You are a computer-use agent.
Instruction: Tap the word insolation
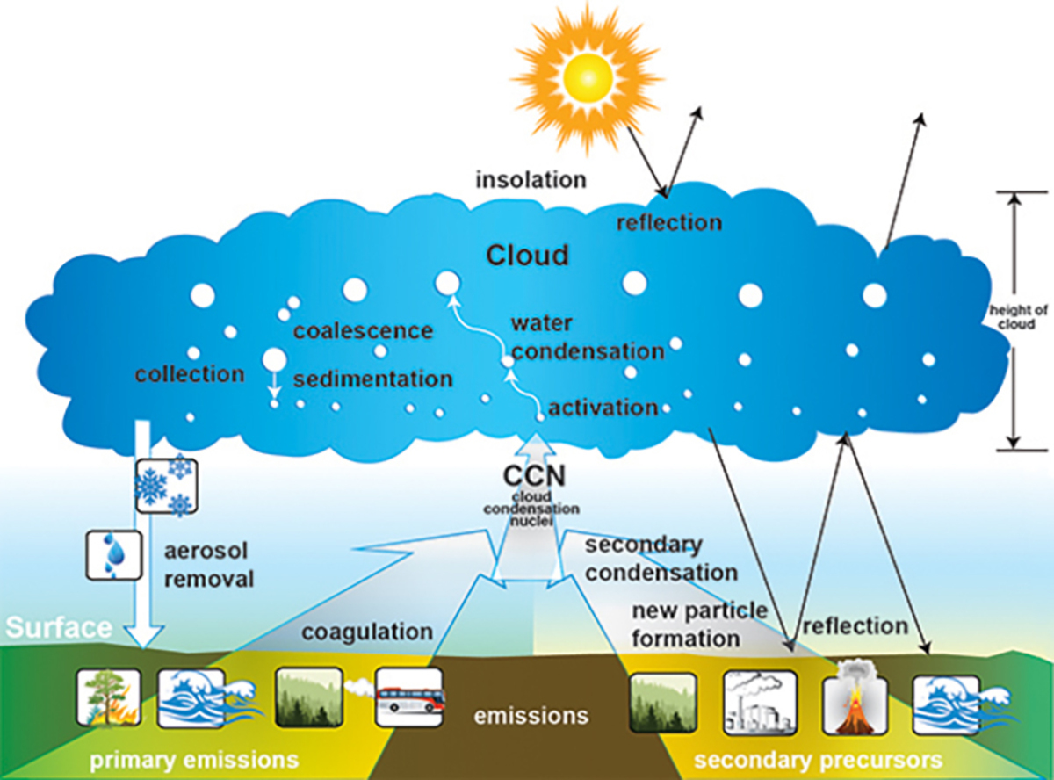coord(530,180)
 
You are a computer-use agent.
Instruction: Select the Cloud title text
coord(528,255)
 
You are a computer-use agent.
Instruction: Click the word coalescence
coord(363,331)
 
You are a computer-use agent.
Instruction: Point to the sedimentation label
coord(372,379)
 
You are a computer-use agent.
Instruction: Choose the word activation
coord(603,408)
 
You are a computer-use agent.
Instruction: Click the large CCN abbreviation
coord(533,477)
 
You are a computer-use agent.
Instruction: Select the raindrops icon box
coord(112,554)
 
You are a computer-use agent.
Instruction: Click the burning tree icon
coord(108,697)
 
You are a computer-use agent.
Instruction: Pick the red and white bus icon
coord(408,698)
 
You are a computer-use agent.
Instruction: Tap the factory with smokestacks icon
coord(760,702)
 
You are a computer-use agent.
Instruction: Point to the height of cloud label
coord(1011,317)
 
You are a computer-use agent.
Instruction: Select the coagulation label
coord(367,632)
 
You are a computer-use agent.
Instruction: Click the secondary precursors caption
coord(819,758)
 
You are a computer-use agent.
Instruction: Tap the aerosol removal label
coord(209,565)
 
